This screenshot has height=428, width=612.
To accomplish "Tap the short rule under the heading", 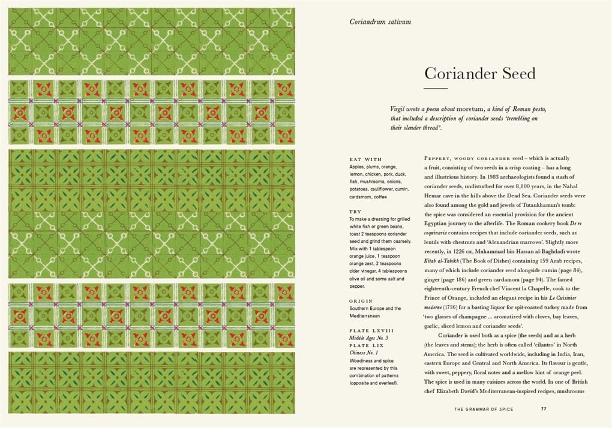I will pyautogui.click(x=436, y=89).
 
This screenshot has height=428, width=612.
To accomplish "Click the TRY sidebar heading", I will pyautogui.click(x=355, y=212).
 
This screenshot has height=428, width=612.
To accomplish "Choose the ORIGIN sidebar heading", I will pyautogui.click(x=361, y=301).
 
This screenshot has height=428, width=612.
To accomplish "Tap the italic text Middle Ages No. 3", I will pyautogui.click(x=369, y=338).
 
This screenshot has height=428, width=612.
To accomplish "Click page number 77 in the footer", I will pyautogui.click(x=543, y=409).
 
